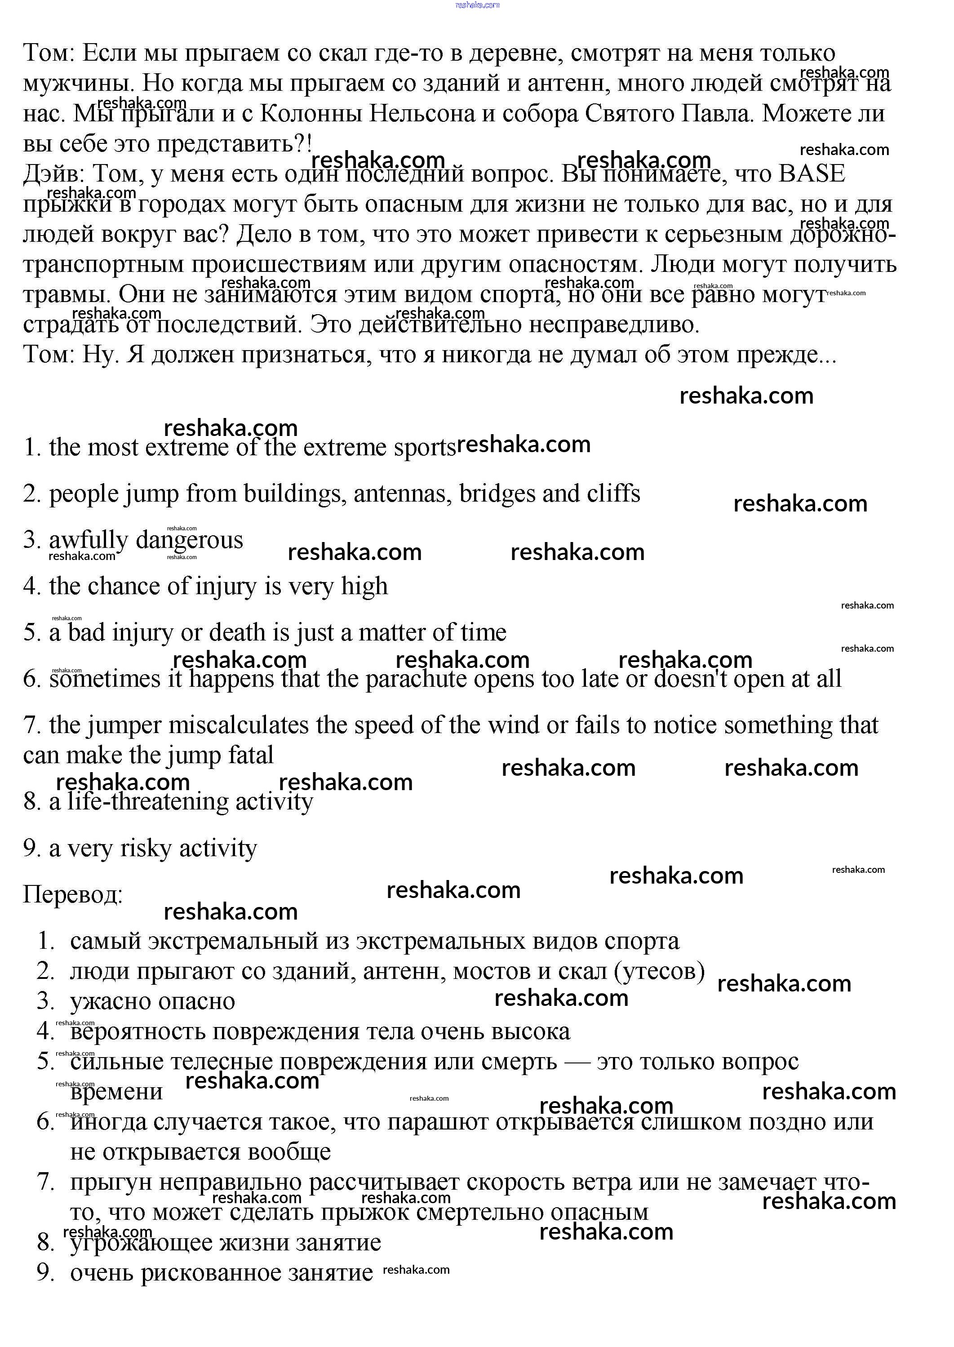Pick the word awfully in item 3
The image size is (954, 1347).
point(88,540)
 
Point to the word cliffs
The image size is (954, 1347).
point(613,493)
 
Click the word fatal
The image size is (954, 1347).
point(251,756)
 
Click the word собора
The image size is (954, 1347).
point(537,113)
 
